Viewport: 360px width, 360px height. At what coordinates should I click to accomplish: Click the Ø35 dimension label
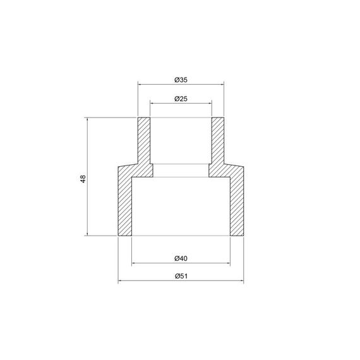(x=180, y=80)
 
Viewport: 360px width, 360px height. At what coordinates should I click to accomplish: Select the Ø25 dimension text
(x=180, y=99)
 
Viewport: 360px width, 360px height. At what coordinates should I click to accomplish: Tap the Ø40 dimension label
(x=180, y=258)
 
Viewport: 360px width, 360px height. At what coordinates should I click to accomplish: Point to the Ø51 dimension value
(x=180, y=276)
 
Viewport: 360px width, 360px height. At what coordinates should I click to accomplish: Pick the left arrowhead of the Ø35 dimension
(x=140, y=83)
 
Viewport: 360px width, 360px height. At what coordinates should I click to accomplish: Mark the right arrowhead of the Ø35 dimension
(x=222, y=83)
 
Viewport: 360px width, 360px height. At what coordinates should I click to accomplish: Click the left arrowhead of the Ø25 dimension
(x=152, y=103)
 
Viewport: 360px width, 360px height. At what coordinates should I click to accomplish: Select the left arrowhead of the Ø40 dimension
(x=133, y=262)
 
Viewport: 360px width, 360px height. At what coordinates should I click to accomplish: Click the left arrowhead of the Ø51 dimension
(x=120, y=280)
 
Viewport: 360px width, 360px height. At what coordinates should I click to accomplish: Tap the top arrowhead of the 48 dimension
(x=87, y=120)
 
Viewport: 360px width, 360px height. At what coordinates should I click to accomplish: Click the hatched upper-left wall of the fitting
(x=144, y=142)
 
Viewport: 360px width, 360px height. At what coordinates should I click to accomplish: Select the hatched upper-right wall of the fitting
(x=218, y=142)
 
